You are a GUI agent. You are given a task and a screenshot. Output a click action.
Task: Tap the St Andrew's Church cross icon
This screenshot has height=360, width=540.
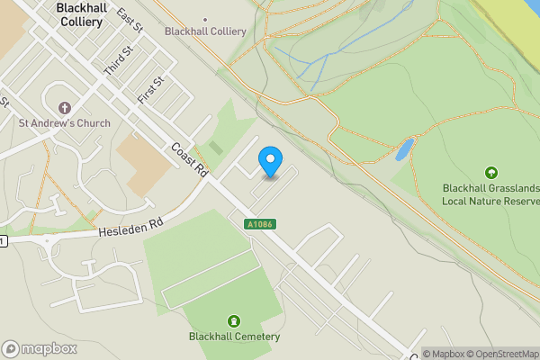64,107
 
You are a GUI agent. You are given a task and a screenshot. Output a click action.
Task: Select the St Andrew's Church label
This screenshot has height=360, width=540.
65,123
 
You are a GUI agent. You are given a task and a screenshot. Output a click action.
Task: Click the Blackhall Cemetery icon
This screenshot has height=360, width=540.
234,321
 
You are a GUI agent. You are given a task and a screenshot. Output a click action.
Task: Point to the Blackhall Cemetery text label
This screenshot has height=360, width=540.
234,337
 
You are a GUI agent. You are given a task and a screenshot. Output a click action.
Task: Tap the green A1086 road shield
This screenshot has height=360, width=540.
257,223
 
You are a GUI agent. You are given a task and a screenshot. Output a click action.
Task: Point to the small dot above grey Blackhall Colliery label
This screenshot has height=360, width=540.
205,18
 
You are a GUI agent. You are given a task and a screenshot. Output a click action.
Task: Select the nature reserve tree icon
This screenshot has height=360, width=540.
490,172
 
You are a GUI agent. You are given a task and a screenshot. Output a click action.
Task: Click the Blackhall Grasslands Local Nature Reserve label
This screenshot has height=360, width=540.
490,193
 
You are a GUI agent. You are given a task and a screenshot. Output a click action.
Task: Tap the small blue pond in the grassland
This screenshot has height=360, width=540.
404,149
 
